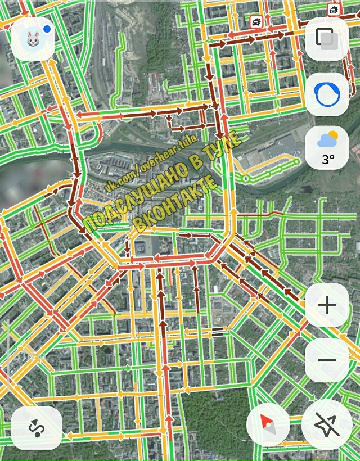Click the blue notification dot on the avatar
tap(47, 28)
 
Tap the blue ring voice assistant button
tap(326, 94)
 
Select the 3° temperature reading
tap(328, 160)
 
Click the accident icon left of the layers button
tap(256, 22)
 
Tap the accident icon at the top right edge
tap(334, 10)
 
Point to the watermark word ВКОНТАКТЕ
tap(175, 203)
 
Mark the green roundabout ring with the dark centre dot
tap(246, 179)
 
